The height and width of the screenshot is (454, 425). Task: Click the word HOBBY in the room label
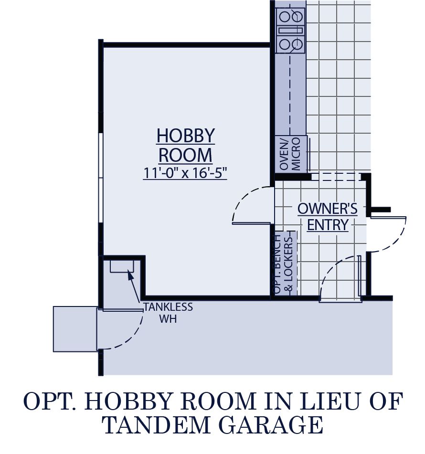pyautogui.click(x=185, y=136)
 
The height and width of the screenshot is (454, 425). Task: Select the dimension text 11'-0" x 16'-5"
pyautogui.click(x=185, y=173)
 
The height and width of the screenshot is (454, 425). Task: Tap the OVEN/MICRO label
pyautogui.click(x=291, y=154)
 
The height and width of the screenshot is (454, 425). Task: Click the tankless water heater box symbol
pyautogui.click(x=122, y=266)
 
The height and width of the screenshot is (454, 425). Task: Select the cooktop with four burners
pyautogui.click(x=291, y=31)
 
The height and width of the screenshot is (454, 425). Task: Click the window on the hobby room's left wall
pyautogui.click(x=100, y=177)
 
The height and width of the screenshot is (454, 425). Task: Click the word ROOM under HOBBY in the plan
pyautogui.click(x=185, y=155)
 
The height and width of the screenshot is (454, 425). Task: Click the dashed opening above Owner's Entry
pyautogui.click(x=336, y=177)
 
